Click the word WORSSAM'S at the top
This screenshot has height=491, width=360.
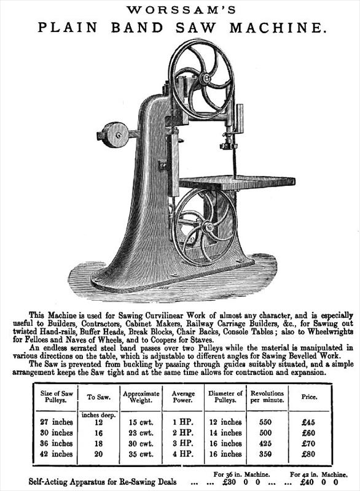pyautogui.click(x=181, y=10)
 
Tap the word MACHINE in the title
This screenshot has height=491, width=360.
pyautogui.click(x=276, y=28)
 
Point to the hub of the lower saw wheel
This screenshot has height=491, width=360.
pyautogui.click(x=207, y=226)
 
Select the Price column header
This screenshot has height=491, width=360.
pyautogui.click(x=309, y=396)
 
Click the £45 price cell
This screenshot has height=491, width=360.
pyautogui.click(x=308, y=422)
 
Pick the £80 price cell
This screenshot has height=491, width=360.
pyautogui.click(x=308, y=454)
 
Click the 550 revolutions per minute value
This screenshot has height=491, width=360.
pyautogui.click(x=265, y=422)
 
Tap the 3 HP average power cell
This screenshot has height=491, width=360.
pyautogui.click(x=182, y=443)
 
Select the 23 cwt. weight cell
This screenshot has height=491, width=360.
pyautogui.click(x=141, y=433)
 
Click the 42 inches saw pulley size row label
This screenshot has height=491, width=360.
pyautogui.click(x=57, y=454)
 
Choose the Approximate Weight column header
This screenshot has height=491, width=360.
pyautogui.click(x=141, y=396)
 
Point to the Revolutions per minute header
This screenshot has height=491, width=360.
pyautogui.click(x=267, y=396)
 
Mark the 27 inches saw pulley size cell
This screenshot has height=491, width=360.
pyautogui.click(x=57, y=422)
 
